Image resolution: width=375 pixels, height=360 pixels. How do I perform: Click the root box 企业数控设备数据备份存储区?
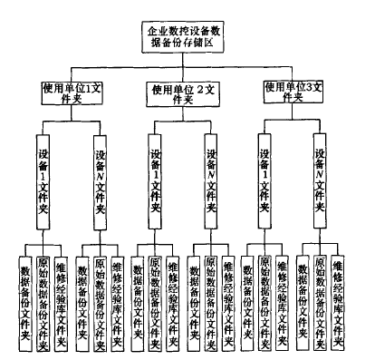tap(188, 35)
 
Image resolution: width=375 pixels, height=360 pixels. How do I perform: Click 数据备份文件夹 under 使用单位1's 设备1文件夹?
tap(25, 294)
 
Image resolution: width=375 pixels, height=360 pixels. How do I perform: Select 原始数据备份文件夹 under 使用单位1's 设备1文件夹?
tap(43, 294)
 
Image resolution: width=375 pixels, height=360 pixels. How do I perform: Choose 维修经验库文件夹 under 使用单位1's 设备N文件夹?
tap(117, 294)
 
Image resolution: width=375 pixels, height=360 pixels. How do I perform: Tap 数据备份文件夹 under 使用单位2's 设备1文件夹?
tap(138, 294)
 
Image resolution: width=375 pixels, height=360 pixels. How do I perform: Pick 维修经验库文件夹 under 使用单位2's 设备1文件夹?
tap(174, 294)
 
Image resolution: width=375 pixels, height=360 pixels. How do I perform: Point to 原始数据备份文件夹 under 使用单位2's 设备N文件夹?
tap(211, 294)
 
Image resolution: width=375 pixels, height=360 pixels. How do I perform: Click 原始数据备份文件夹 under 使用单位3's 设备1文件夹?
tap(264, 294)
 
